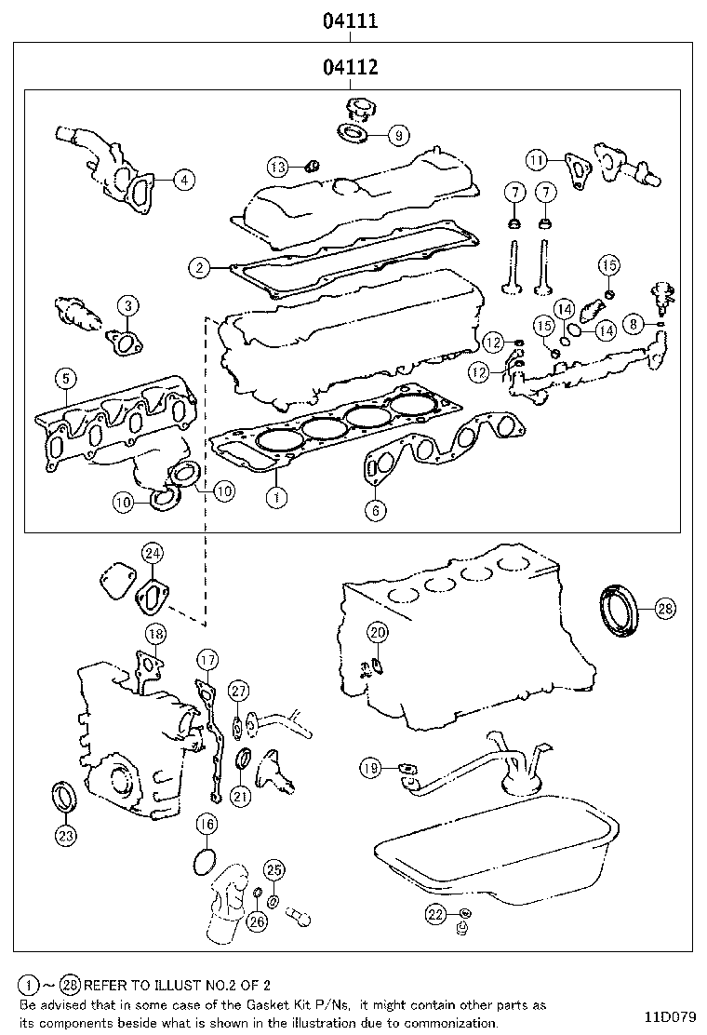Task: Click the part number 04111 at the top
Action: [350, 20]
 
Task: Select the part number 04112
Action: [350, 67]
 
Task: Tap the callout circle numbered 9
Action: [397, 135]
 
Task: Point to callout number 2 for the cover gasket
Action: [199, 268]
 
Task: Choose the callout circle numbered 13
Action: [279, 167]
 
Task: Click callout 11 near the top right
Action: [535, 160]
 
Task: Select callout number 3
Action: [127, 304]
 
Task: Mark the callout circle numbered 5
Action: [64, 378]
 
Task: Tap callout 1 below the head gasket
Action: [275, 497]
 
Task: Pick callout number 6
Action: [376, 509]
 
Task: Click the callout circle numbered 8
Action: [634, 324]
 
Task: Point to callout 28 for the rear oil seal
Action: [664, 609]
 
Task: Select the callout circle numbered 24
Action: [153, 553]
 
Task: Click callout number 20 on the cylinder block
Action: [376, 632]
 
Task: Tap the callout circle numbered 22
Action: [435, 914]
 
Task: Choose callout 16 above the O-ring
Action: [207, 823]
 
